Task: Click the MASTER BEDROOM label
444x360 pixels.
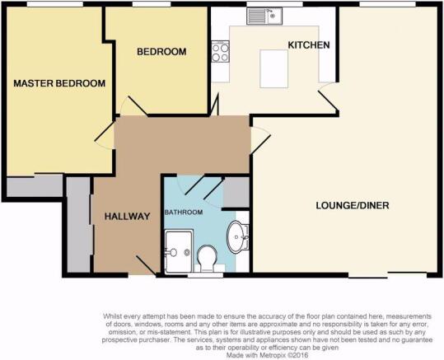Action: [x=59, y=83]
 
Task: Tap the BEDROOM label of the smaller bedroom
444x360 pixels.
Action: [x=161, y=52]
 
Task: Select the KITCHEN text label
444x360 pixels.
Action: [x=309, y=45]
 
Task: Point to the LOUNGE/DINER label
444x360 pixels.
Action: [x=353, y=205]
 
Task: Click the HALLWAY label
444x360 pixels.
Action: [x=127, y=217]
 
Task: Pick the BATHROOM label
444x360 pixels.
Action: [x=184, y=213]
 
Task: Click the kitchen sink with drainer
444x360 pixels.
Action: [x=264, y=16]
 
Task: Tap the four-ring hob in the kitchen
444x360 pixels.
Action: [x=220, y=52]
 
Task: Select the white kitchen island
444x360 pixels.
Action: [x=273, y=68]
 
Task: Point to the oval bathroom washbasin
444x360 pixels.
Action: [x=236, y=236]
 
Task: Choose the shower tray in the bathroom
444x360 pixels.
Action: [x=179, y=251]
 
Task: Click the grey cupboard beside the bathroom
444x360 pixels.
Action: [x=236, y=193]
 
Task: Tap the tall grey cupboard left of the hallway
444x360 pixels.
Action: [x=78, y=225]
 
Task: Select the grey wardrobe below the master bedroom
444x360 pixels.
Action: [x=35, y=186]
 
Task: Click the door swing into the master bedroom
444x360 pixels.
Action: [x=105, y=135]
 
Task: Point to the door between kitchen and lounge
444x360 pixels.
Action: [x=329, y=96]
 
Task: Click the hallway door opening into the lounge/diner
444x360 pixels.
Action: [x=260, y=141]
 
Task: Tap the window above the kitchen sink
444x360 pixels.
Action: [x=274, y=4]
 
